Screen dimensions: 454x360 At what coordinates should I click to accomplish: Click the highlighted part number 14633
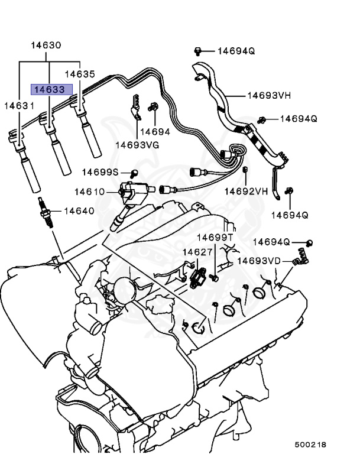51,90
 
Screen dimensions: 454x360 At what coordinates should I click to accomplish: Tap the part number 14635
80,74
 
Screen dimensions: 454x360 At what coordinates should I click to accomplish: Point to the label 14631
20,105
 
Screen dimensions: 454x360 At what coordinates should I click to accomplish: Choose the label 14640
79,210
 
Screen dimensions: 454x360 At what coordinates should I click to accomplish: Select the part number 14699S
100,172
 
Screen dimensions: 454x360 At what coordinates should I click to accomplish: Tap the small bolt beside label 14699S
134,173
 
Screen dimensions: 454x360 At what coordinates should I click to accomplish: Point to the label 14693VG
137,144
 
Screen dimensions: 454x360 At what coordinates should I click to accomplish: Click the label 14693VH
268,95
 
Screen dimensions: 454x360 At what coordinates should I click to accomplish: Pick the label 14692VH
247,191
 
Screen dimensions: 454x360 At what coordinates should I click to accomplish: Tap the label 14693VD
259,260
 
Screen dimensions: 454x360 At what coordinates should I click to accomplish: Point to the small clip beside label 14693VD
300,258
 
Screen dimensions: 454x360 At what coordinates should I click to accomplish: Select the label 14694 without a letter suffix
156,132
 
